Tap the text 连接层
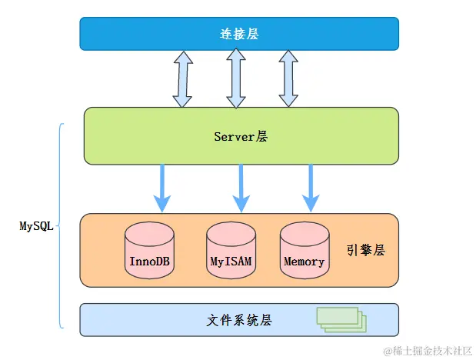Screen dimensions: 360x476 (x=239, y=33)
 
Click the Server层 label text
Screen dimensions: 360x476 (x=241, y=136)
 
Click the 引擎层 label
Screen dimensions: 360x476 (x=365, y=250)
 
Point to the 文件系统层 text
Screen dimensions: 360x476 (x=240, y=320)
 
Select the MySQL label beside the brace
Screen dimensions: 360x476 (x=36, y=226)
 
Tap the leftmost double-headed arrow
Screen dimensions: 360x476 (x=182, y=78)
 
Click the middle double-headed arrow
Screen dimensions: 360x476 (x=235, y=78)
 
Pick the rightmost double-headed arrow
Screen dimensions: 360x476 (x=288, y=78)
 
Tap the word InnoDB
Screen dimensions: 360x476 (x=149, y=261)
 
